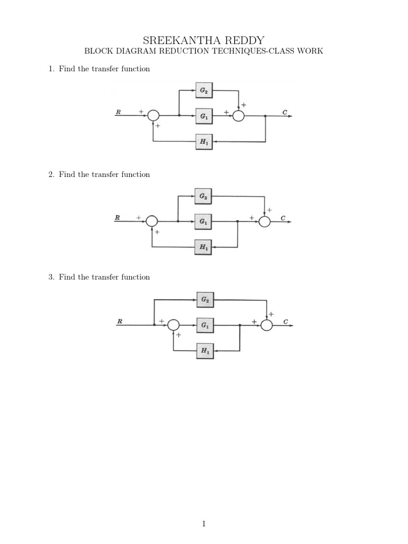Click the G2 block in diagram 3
(205, 300)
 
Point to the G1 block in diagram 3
(205, 325)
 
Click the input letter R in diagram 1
(118, 112)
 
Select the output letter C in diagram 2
(283, 218)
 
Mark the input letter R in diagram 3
(120, 321)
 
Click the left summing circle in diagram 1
(153, 115)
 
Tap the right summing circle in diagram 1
(239, 115)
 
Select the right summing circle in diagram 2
(265, 222)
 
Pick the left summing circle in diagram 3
(173, 325)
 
